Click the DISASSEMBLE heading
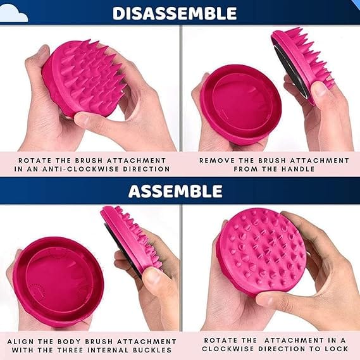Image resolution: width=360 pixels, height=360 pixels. pos(175,13)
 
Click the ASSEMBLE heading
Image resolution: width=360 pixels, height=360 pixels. pos(175,191)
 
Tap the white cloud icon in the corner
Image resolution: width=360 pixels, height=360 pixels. pos(13,13)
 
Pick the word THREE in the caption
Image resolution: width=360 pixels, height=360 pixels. pos(70,350)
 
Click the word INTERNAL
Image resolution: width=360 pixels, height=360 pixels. pos(108,350)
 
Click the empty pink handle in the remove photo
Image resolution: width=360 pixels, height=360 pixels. pos(240,104)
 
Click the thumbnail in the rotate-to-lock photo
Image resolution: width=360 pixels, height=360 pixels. pos(266,300)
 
